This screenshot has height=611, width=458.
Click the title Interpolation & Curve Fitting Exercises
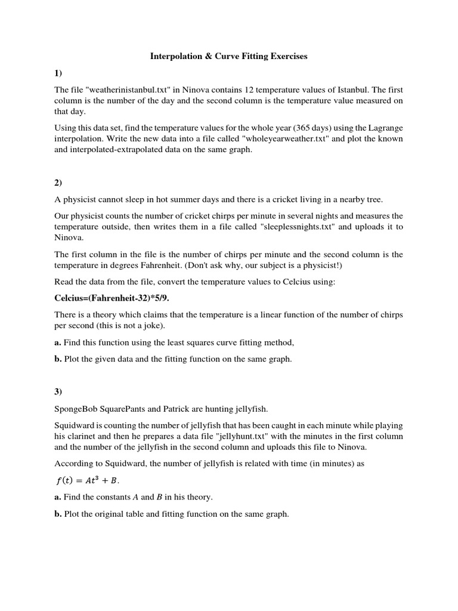click(x=228, y=57)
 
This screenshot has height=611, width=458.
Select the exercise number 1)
click(x=58, y=73)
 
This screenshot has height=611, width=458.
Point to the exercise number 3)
click(x=58, y=391)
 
